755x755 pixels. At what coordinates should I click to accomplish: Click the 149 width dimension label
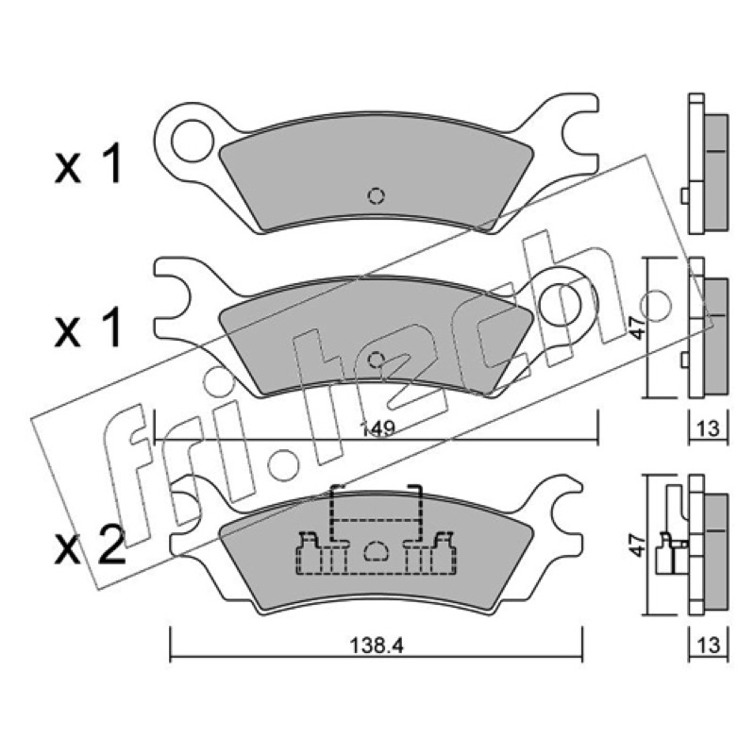coord(377,428)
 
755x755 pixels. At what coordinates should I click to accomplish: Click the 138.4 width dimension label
coord(377,646)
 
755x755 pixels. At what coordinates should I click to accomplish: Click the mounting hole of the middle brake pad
coord(561,303)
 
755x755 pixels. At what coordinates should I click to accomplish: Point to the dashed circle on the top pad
coord(376,195)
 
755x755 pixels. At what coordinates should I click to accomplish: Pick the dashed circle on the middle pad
coord(376,360)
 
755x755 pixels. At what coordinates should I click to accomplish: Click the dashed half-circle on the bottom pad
coord(376,550)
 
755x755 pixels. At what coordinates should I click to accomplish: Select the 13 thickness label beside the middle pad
coord(708,428)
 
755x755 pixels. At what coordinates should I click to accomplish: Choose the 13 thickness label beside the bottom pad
coord(708,646)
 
